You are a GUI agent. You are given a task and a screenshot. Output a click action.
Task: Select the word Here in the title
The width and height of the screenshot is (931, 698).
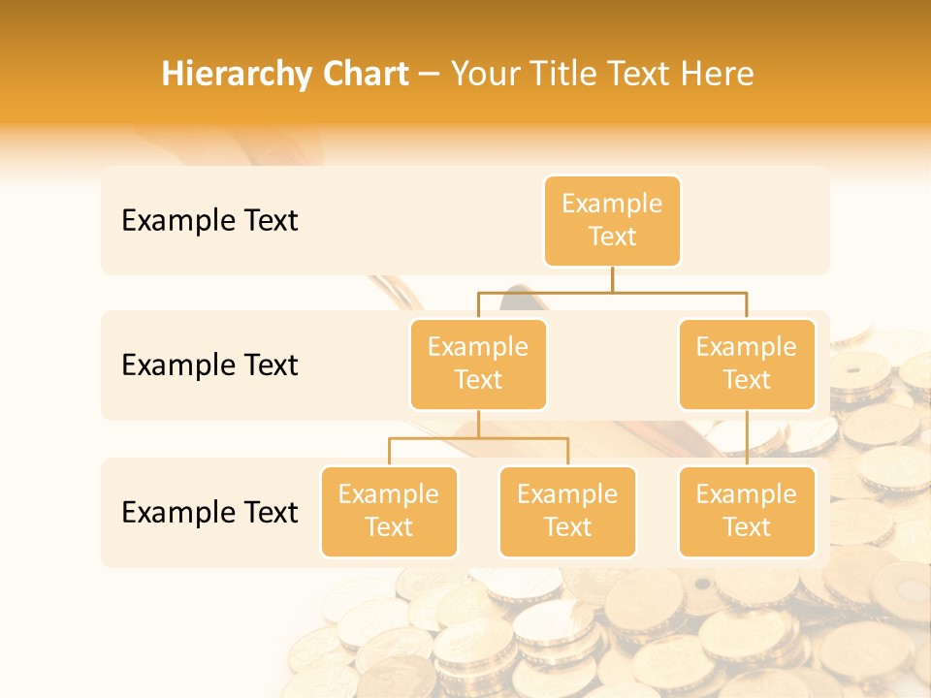pyautogui.click(x=717, y=75)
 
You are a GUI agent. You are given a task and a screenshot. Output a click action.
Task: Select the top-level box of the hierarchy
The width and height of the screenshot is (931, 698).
pyautogui.click(x=612, y=221)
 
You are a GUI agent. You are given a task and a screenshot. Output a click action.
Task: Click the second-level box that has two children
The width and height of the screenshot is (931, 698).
pyautogui.click(x=478, y=365)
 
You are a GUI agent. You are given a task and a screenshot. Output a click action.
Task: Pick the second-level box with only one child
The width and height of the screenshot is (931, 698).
pyautogui.click(x=747, y=365)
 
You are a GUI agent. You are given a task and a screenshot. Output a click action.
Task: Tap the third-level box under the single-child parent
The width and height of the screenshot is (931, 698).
pyautogui.click(x=747, y=512)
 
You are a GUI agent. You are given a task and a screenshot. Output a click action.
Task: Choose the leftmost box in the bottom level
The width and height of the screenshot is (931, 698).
pyautogui.click(x=389, y=512)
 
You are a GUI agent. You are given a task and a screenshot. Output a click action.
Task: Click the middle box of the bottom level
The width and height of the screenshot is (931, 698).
pyautogui.click(x=567, y=512)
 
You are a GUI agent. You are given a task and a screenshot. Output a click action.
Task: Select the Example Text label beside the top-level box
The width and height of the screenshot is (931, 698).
pyautogui.click(x=209, y=221)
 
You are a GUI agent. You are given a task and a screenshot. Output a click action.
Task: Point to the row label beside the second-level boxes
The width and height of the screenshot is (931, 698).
pyautogui.click(x=209, y=365)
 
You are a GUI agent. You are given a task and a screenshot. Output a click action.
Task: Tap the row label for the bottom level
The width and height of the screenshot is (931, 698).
pyautogui.click(x=209, y=512)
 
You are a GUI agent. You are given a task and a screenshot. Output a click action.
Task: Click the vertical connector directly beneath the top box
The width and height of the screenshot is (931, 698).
pyautogui.click(x=612, y=279)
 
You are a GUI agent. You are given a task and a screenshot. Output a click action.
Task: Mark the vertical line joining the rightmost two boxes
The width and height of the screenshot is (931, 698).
pyautogui.click(x=747, y=438)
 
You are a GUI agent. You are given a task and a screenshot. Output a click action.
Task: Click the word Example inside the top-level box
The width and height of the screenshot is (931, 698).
pyautogui.click(x=612, y=205)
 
